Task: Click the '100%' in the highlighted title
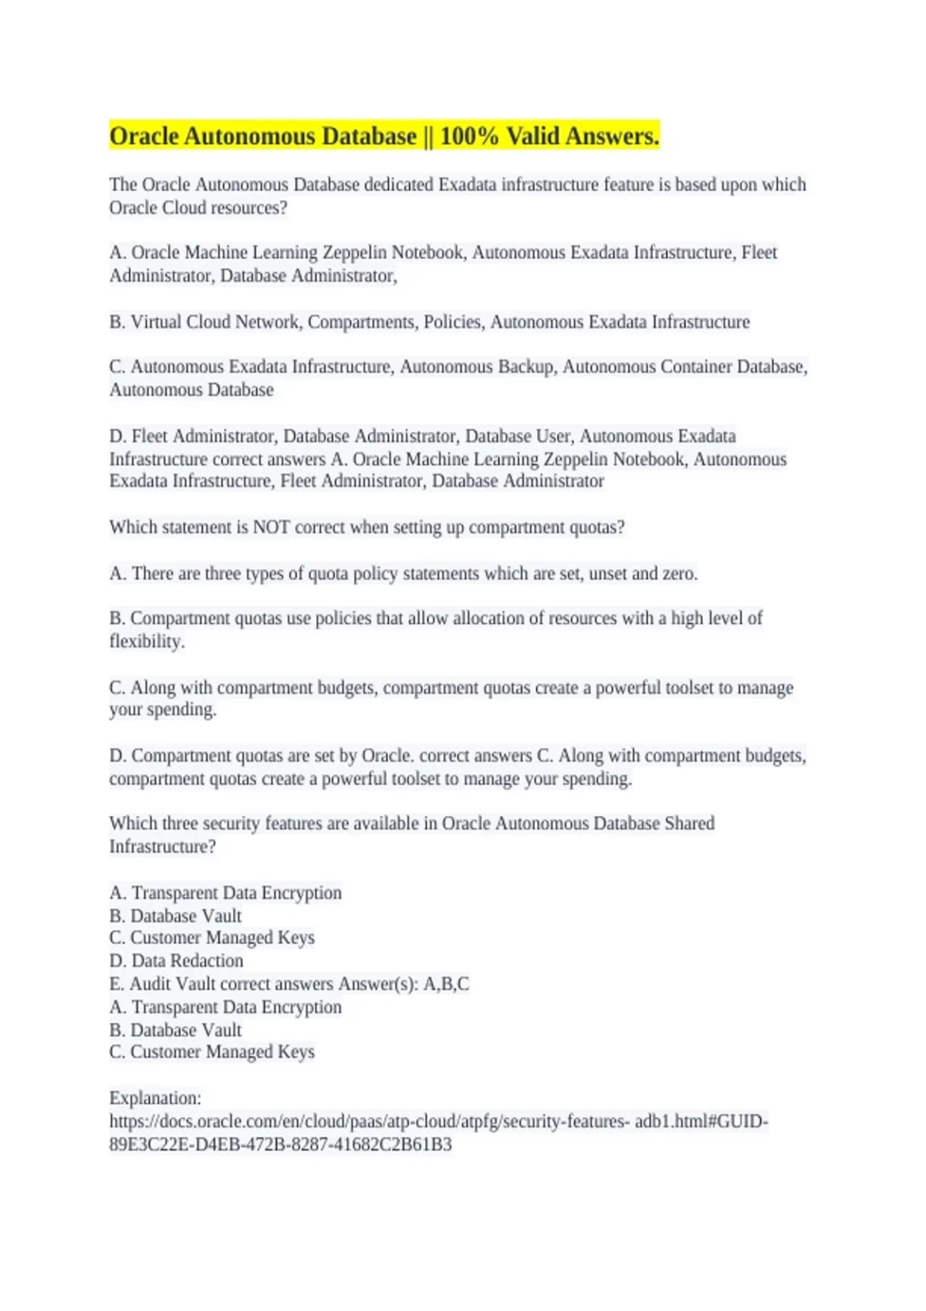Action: pos(469,136)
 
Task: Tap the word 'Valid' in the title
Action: pos(532,136)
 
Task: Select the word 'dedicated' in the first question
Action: pos(400,185)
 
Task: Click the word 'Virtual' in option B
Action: pos(156,322)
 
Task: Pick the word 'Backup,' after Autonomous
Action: pos(526,367)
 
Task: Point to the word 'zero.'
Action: pos(680,574)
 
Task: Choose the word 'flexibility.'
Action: pos(147,642)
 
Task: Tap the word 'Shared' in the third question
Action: pos(689,824)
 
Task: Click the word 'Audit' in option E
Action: pos(150,984)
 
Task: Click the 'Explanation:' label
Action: pos(155,1098)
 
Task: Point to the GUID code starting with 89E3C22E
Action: pos(280,1144)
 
